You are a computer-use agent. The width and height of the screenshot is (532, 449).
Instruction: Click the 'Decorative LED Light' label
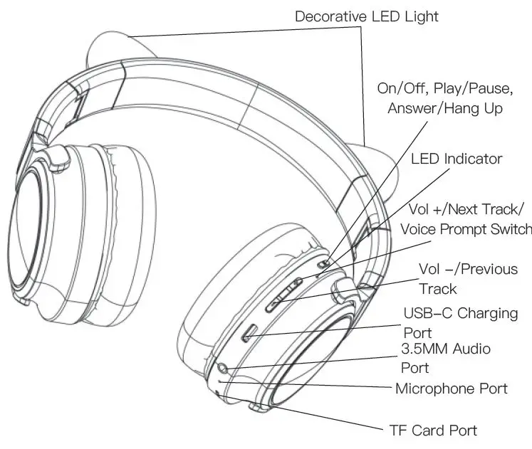tap(367, 16)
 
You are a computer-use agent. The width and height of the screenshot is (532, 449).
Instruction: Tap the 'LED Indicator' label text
tap(456, 159)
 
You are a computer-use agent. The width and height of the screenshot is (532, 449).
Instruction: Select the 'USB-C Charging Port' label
tap(460, 322)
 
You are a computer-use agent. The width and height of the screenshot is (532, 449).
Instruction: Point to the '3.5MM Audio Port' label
tap(456, 358)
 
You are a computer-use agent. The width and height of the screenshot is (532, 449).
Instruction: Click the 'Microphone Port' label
tap(452, 389)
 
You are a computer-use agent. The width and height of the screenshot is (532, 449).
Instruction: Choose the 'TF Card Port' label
tap(432, 430)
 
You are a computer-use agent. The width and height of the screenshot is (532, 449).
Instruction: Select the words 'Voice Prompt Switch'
tap(466, 229)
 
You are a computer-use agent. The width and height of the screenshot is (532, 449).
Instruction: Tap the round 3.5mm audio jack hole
tap(224, 368)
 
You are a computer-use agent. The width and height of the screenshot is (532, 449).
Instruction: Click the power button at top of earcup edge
tap(323, 263)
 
